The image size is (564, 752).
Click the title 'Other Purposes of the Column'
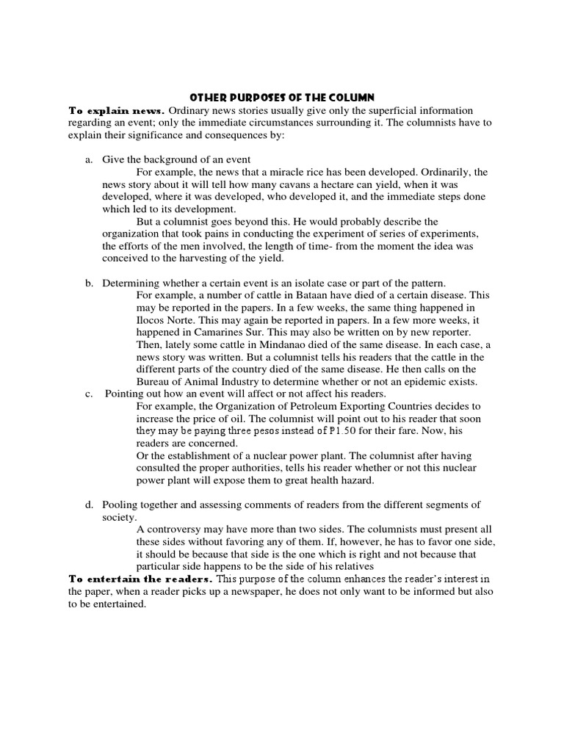point(282,97)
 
